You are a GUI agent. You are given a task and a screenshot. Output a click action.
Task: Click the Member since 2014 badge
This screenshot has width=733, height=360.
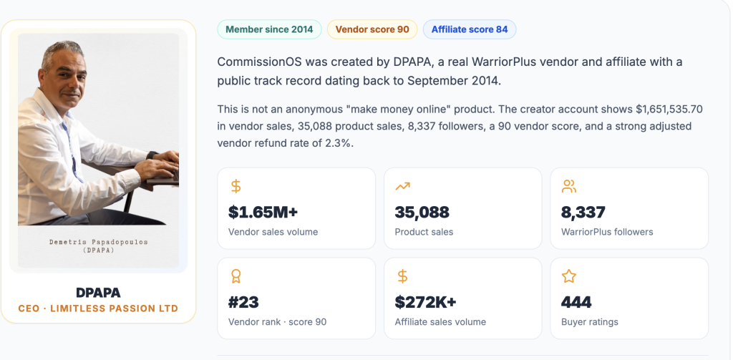(x=269, y=29)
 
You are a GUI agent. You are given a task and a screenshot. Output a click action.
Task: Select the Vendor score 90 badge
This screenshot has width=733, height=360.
(x=372, y=29)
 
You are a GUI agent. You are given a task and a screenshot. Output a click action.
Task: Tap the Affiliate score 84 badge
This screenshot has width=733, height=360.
(x=470, y=29)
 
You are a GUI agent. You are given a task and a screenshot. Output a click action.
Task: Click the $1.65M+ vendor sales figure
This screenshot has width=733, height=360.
(x=263, y=213)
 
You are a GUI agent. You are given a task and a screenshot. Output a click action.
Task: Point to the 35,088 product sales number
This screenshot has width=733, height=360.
(x=422, y=213)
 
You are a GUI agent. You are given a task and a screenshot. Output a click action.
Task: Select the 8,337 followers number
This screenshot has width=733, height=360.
(x=583, y=213)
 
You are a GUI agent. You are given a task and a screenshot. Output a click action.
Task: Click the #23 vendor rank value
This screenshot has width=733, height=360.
(x=243, y=303)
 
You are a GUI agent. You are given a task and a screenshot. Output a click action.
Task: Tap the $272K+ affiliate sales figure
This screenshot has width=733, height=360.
(x=425, y=303)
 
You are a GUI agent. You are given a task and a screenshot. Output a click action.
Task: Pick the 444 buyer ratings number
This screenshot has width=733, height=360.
(x=576, y=303)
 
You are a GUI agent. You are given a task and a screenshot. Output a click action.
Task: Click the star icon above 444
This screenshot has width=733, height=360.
(x=568, y=276)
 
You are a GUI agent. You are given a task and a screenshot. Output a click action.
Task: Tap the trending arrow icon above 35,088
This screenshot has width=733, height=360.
(x=402, y=187)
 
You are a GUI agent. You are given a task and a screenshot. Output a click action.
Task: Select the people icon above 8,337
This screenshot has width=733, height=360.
(x=568, y=187)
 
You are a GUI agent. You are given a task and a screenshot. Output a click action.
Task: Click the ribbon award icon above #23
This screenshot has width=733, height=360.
(x=236, y=276)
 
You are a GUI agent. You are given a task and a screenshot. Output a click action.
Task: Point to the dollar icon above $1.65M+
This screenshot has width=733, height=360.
(x=236, y=187)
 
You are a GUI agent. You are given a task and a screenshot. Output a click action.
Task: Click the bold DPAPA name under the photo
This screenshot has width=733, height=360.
(x=98, y=293)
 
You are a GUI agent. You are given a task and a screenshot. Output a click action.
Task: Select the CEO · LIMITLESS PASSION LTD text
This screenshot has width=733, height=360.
(x=98, y=308)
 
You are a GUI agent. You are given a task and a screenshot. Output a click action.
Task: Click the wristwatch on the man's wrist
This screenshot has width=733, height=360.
(x=151, y=155)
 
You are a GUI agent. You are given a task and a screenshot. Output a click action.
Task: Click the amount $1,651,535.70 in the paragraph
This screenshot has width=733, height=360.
(x=669, y=110)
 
